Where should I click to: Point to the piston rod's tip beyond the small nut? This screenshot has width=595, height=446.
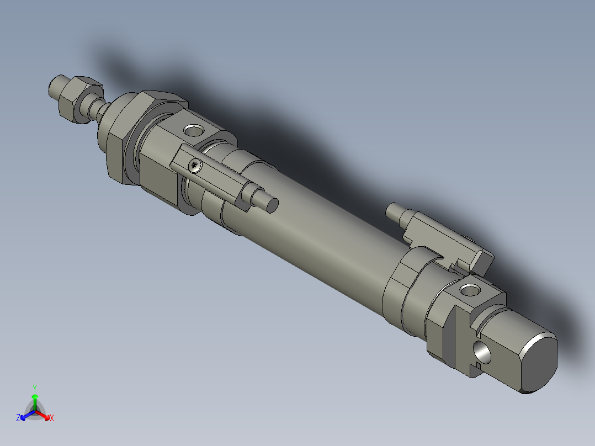tap(56, 86)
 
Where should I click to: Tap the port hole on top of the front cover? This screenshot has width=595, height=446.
tap(193, 131)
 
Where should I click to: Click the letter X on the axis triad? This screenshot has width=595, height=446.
tap(51, 418)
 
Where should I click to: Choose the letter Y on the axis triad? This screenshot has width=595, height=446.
tap(34, 387)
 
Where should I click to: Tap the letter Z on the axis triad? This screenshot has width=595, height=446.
tap(18, 418)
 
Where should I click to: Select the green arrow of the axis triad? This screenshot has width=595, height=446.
tap(34, 400)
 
